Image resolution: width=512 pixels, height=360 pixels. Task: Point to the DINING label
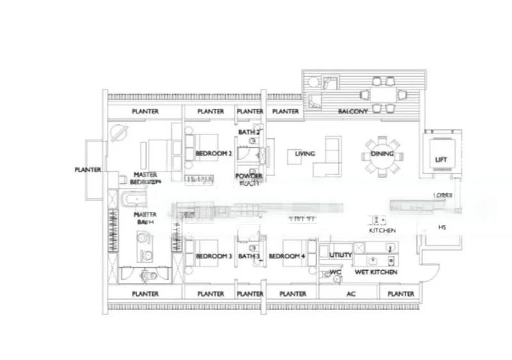(381, 154)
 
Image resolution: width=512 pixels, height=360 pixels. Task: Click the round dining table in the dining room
(381, 155)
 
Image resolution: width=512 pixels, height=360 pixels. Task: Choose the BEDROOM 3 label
(213, 256)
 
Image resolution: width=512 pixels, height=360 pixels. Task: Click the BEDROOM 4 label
(286, 256)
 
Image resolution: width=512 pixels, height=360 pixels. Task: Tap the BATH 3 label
(249, 256)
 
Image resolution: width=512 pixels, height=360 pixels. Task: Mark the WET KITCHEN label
(377, 272)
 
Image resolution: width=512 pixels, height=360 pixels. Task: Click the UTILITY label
(340, 255)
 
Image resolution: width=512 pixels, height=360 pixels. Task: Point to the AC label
(350, 294)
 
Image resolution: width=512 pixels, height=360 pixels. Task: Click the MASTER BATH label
(146, 217)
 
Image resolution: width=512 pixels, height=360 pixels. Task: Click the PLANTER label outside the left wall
(88, 170)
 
